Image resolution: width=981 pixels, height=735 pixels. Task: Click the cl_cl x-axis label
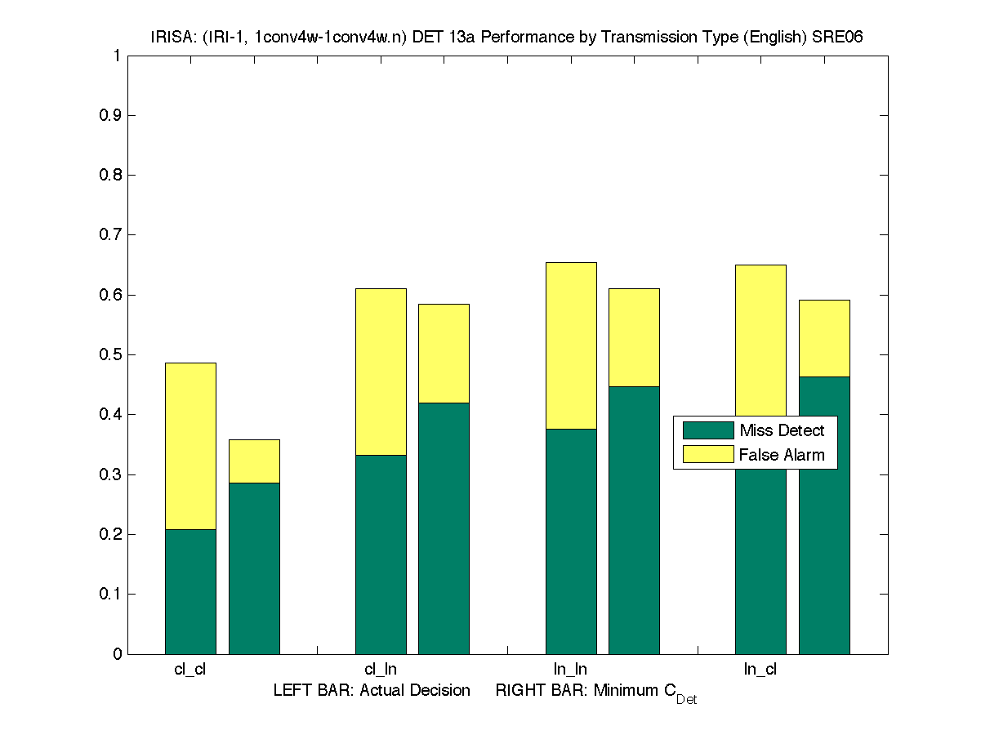point(190,670)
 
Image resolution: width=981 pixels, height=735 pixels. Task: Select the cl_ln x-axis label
point(381,670)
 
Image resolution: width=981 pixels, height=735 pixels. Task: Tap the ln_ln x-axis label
point(570,670)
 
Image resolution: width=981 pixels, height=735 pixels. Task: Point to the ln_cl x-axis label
point(760,670)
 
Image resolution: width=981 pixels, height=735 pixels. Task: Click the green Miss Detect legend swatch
point(707,430)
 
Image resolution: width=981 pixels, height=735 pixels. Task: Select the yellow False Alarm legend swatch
point(707,455)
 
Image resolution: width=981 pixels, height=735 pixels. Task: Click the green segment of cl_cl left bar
point(190,591)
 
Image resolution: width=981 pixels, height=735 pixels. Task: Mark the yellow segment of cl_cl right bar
point(254,461)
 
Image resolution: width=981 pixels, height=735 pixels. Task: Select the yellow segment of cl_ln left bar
point(381,372)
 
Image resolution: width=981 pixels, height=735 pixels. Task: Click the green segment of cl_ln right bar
point(444,528)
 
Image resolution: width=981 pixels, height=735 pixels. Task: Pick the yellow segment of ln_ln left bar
point(571,345)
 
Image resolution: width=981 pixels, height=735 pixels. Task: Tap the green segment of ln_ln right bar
point(634,519)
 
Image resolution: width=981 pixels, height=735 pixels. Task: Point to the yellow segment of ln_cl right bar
point(824,338)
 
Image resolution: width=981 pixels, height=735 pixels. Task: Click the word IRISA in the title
point(169,37)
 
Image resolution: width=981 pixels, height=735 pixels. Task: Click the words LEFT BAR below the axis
point(309,691)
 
